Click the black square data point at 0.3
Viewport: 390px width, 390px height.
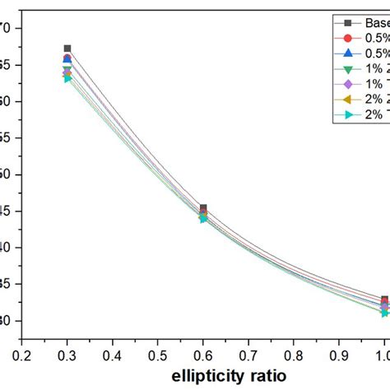tap(67, 49)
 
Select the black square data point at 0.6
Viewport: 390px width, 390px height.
tap(203, 208)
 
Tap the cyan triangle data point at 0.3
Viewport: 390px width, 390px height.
tap(67, 78)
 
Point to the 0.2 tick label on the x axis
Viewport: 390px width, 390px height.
tap(22, 352)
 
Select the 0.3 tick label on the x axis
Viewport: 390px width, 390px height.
tap(67, 352)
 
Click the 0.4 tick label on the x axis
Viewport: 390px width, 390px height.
tap(113, 352)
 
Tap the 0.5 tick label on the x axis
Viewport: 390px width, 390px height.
tap(158, 352)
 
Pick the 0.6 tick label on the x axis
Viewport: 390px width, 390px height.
tap(203, 352)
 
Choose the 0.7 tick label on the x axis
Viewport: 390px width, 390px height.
tap(248, 352)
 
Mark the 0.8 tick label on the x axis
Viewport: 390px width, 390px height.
tap(294, 352)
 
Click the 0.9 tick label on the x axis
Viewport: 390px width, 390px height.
tap(339, 352)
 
